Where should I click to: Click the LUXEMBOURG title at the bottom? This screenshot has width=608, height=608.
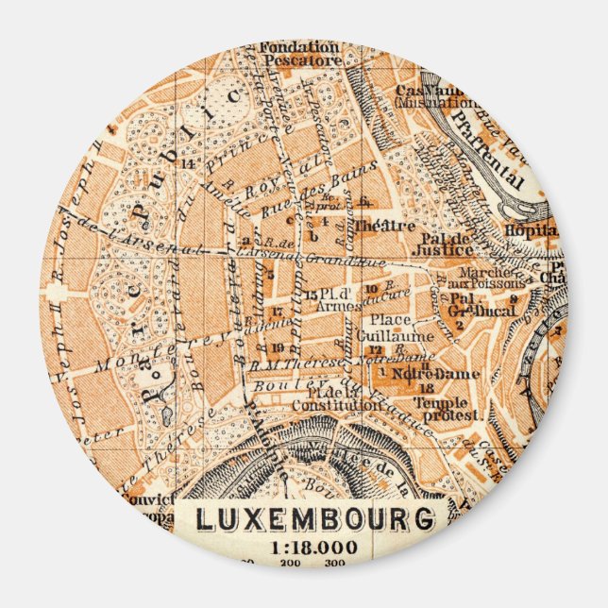coord(315,519)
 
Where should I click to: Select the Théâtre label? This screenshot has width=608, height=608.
coord(397,226)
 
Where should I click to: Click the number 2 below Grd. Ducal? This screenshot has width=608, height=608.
coord(458,325)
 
